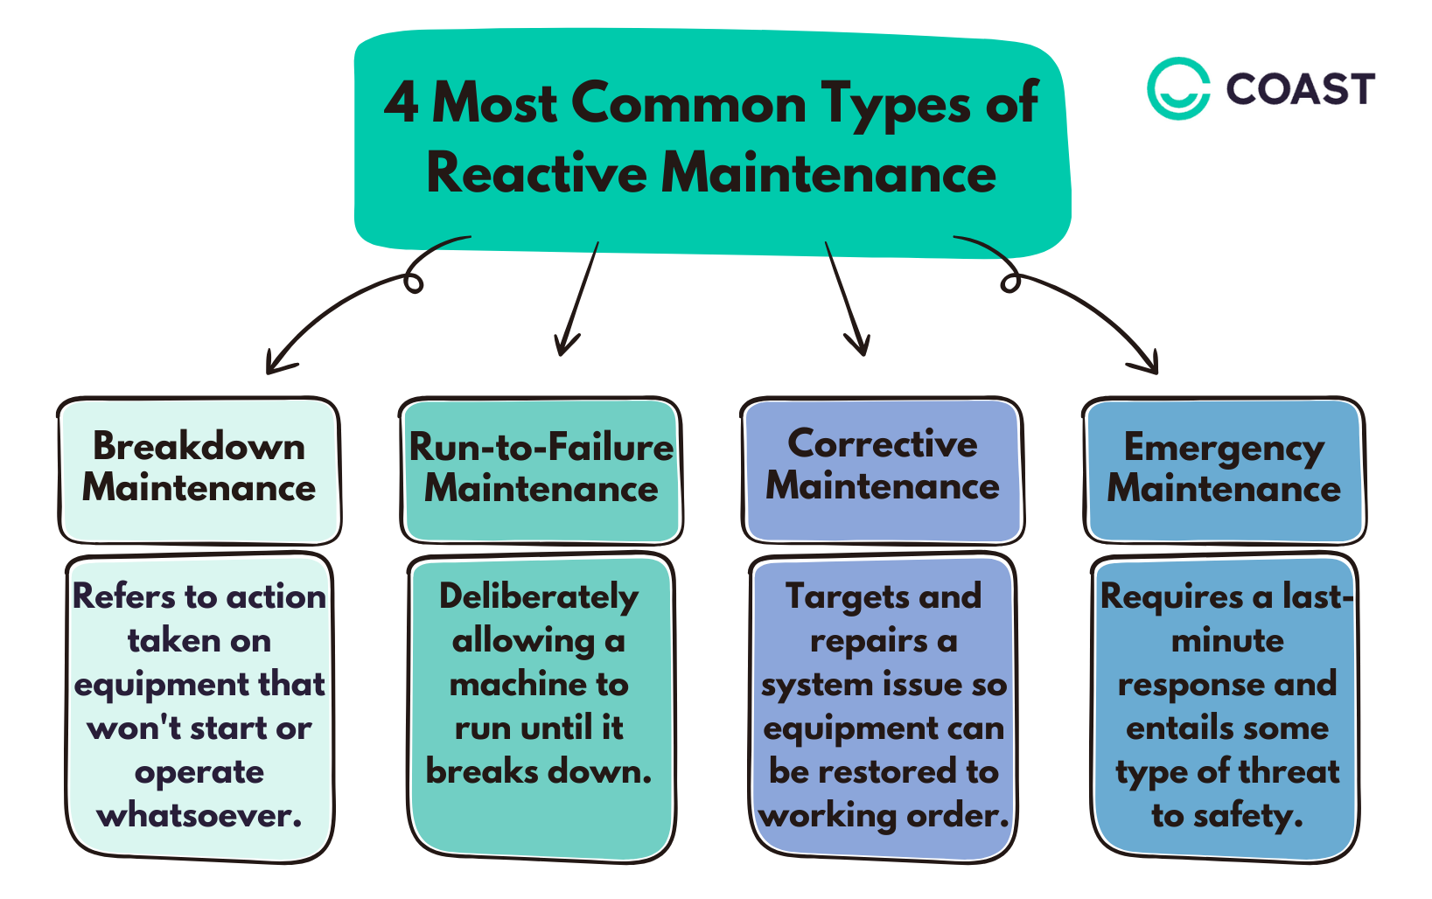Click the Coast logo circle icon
1177,87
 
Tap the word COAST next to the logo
1300,88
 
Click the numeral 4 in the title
401,103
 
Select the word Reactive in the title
536,172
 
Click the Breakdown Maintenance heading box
199,470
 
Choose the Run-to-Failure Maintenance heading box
541,470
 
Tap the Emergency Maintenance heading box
1223,470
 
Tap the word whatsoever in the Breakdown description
199,816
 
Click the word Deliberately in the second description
539,597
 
